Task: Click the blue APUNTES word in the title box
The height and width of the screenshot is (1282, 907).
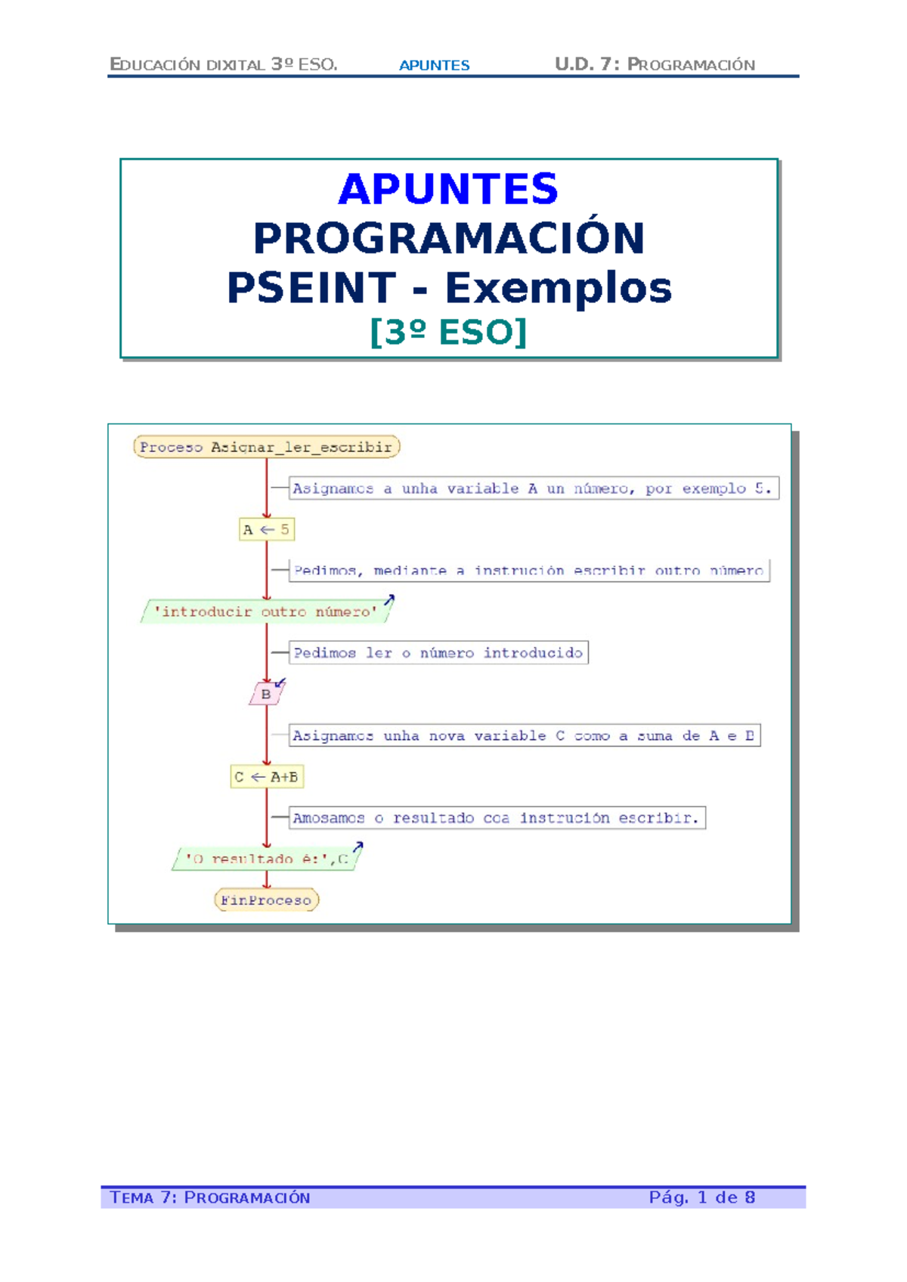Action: [448, 189]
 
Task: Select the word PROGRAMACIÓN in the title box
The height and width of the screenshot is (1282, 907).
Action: [448, 238]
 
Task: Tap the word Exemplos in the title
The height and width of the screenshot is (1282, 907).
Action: [558, 288]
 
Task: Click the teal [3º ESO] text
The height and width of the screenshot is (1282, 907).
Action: [448, 332]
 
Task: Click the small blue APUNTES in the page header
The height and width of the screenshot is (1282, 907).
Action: [434, 65]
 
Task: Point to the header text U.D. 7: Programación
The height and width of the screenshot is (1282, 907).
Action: [655, 64]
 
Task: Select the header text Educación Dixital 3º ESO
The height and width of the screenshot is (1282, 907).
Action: [224, 64]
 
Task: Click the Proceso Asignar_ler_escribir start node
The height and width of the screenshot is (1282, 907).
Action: [266, 447]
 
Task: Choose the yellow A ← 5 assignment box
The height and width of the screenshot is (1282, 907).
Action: [266, 529]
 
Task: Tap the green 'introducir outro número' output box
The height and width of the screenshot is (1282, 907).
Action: [266, 612]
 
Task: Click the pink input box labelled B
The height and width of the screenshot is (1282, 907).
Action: [266, 694]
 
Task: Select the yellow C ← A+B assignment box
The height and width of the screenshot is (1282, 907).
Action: [266, 776]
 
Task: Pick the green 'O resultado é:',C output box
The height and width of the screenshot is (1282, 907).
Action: [266, 859]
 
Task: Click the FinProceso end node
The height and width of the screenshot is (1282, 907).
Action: [266, 900]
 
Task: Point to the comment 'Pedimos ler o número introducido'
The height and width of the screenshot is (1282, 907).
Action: [438, 652]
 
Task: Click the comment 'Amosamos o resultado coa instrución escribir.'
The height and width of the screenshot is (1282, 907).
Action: [497, 818]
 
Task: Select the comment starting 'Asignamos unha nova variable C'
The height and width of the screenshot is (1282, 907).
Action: [524, 735]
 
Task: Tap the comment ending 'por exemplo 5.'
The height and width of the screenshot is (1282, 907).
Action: [533, 488]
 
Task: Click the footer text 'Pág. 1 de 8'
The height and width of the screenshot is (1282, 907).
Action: [701, 1197]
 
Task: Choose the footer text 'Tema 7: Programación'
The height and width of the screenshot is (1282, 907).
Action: [210, 1197]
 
